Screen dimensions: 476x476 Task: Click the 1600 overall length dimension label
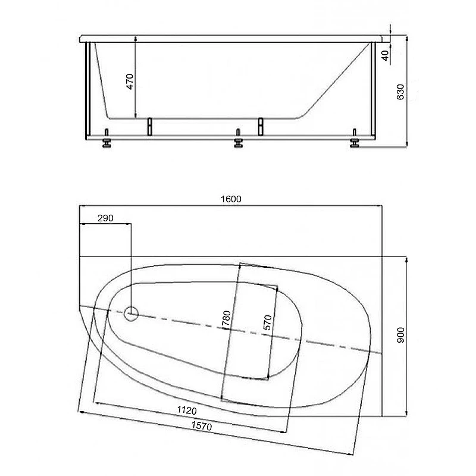(231, 199)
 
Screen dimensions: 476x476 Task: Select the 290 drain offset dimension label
(105, 218)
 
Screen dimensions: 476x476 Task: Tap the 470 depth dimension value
(130, 82)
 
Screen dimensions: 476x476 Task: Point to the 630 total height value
(400, 92)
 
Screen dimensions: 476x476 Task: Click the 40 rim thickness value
(385, 55)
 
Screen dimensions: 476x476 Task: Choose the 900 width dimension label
(400, 335)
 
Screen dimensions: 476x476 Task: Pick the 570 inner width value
(267, 322)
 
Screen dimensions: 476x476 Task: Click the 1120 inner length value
(187, 411)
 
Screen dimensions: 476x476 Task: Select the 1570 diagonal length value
(202, 426)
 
